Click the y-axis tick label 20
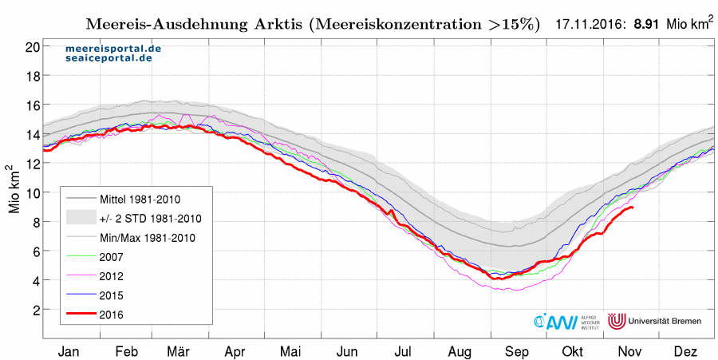click(x=32, y=47)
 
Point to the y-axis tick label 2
click(x=35, y=310)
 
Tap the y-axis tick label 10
click(x=32, y=193)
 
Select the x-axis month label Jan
click(x=69, y=350)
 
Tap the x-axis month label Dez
click(x=685, y=350)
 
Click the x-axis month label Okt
click(x=572, y=350)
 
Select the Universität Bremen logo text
click(x=665, y=321)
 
